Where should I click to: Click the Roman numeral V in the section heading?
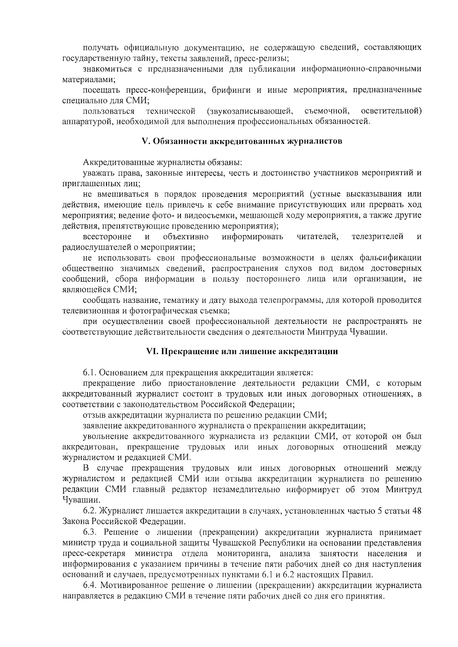(144, 141)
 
